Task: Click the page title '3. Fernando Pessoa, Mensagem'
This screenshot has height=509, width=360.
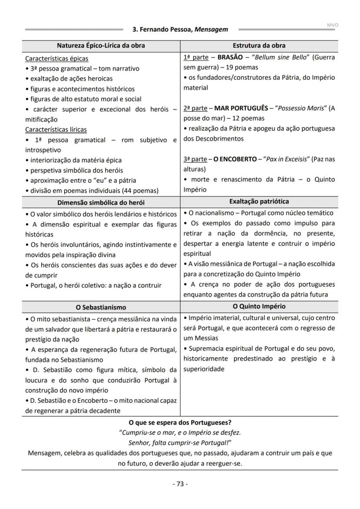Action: coord(180,30)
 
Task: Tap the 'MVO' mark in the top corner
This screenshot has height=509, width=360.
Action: coord(333,25)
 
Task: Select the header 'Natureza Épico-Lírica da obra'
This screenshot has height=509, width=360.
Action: coord(101,46)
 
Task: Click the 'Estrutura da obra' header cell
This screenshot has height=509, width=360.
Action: coord(259,46)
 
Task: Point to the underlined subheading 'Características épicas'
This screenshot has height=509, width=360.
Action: coord(57,58)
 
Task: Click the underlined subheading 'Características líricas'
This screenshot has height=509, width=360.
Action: coord(56,129)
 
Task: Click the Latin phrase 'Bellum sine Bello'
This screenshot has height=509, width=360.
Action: coord(276,57)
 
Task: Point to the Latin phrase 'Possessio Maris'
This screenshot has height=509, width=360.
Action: coord(301,108)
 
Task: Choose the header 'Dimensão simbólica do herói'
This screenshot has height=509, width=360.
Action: coord(101,202)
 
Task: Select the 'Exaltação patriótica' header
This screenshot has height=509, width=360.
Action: coord(259,201)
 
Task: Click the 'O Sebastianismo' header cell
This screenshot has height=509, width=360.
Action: coord(101,307)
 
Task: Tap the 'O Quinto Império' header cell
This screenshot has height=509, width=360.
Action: coord(259,306)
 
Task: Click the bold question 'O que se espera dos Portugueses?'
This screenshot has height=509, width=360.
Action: coord(180,422)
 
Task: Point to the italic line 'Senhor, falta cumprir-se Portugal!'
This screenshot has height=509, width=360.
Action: coord(180,442)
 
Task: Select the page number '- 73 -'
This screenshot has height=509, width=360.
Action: coord(180,484)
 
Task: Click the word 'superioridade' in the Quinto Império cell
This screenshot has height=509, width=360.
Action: coord(204,369)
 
